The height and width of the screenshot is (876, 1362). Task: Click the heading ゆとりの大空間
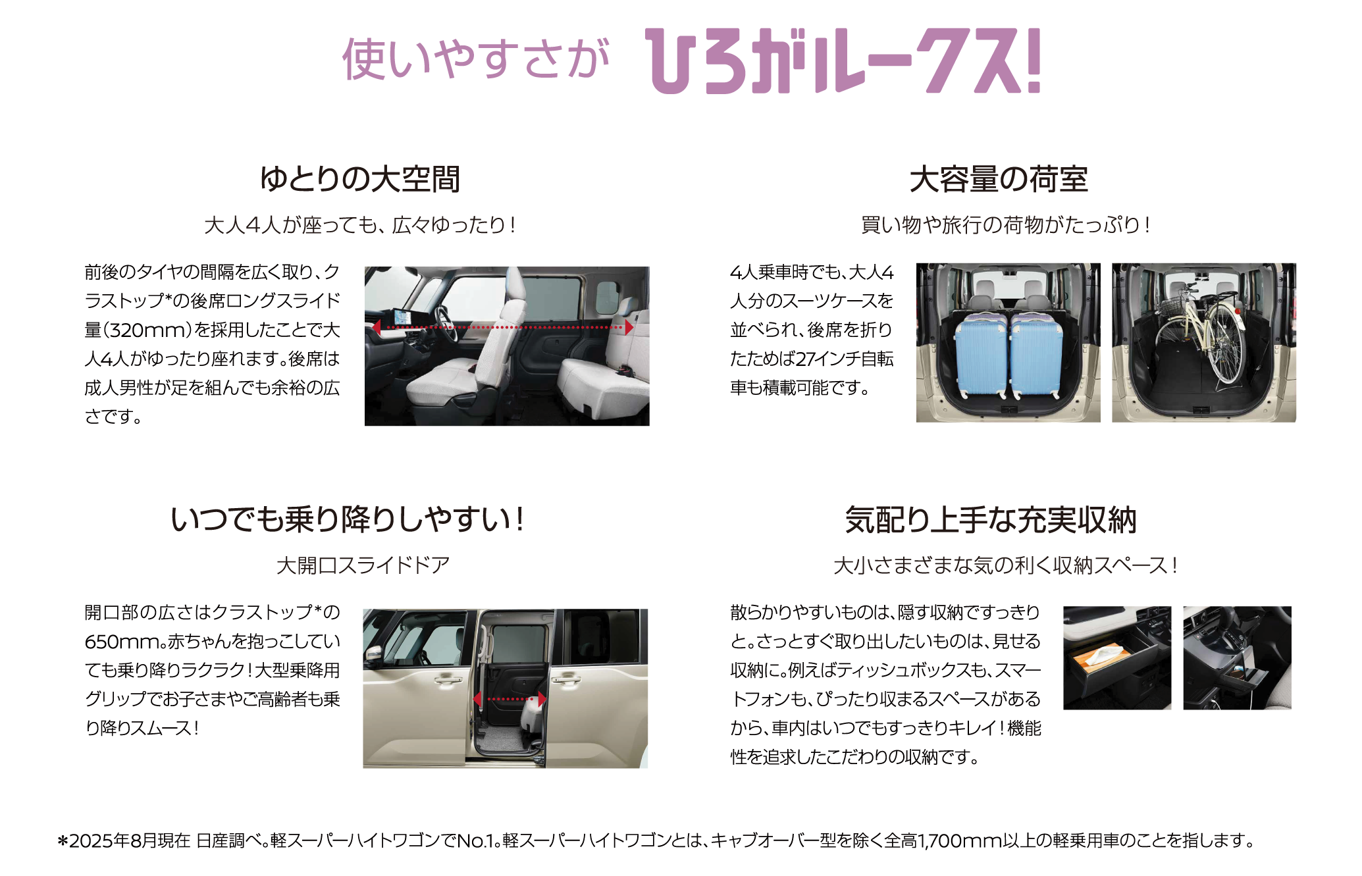tap(360, 179)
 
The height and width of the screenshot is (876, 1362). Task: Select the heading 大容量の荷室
tap(999, 179)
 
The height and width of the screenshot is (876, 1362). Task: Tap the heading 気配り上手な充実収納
tap(991, 519)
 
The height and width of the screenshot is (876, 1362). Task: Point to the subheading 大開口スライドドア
tap(363, 565)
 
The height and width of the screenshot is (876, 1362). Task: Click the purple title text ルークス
tap(925, 61)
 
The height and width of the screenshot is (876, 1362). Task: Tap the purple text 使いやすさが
tap(476, 59)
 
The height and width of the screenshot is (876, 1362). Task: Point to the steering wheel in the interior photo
tap(447, 323)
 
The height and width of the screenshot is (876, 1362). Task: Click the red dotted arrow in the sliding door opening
tap(510, 698)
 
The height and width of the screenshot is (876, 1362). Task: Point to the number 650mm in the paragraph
tap(122, 641)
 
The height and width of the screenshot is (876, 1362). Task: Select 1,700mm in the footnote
tap(958, 840)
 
